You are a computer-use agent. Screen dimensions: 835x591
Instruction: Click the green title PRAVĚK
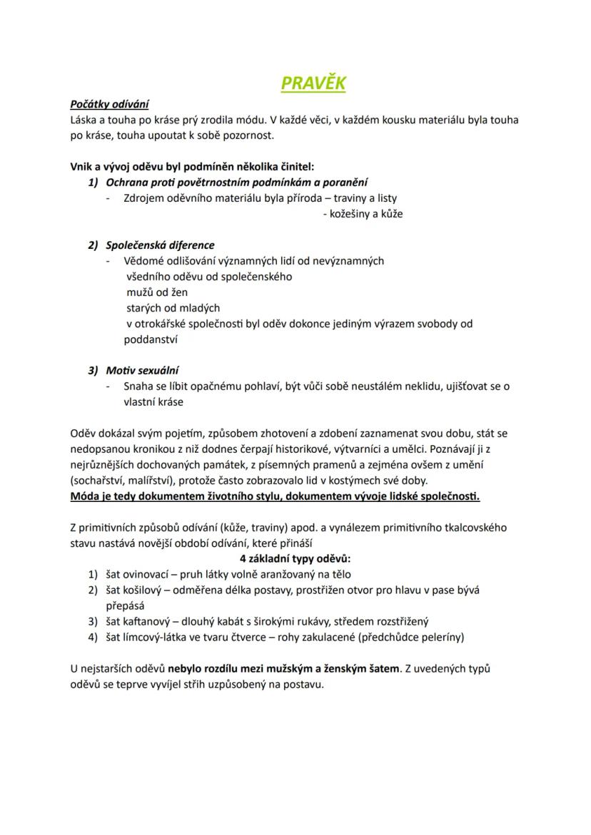click(x=313, y=83)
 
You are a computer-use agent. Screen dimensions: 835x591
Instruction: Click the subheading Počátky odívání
click(x=109, y=104)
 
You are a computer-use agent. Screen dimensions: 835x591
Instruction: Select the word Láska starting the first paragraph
click(x=85, y=119)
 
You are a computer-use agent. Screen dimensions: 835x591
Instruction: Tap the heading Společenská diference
click(x=160, y=245)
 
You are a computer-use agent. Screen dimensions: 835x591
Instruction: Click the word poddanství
click(x=151, y=339)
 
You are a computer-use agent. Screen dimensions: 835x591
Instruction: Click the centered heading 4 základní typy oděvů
click(x=295, y=558)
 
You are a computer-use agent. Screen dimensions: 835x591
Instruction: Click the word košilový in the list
click(x=148, y=590)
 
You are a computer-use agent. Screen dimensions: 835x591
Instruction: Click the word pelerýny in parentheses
click(x=437, y=637)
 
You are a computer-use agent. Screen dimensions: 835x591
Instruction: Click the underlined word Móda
click(x=86, y=496)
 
